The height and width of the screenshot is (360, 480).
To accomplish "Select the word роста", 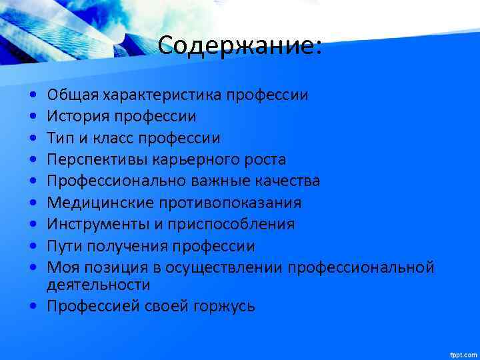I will pos(265,160).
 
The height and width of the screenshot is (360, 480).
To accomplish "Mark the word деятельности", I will pos(98,285).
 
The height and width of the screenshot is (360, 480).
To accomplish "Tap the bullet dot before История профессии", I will pos(33,117).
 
